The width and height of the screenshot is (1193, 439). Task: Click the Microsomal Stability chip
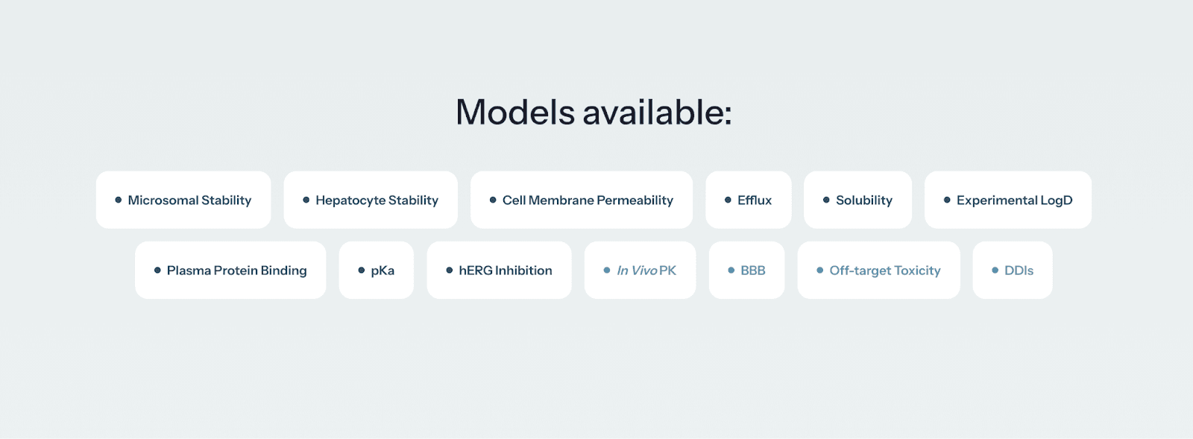(x=183, y=200)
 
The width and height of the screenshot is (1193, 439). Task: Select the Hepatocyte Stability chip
(x=371, y=200)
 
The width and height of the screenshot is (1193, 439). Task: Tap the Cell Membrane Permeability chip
(x=582, y=200)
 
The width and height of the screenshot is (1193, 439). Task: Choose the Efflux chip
(x=749, y=200)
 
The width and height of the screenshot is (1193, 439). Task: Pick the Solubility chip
(x=857, y=200)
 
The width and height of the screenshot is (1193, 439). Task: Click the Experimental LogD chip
(x=1008, y=200)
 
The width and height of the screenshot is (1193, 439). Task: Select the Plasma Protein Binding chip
(x=230, y=270)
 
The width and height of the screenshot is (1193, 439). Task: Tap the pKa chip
(x=377, y=270)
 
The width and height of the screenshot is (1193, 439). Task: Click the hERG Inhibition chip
(x=500, y=270)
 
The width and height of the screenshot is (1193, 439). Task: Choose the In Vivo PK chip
(x=640, y=270)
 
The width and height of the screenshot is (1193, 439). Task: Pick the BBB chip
(x=747, y=270)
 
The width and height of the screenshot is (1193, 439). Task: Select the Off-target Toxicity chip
(x=879, y=270)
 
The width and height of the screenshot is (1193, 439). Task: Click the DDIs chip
(x=1013, y=270)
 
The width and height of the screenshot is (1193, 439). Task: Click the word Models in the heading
(x=515, y=113)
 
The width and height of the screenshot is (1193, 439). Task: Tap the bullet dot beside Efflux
(x=728, y=200)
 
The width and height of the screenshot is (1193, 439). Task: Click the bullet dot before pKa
(x=362, y=270)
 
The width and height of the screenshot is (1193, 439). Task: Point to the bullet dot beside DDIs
(x=995, y=270)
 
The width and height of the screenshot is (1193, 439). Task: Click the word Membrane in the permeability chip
(x=561, y=200)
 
